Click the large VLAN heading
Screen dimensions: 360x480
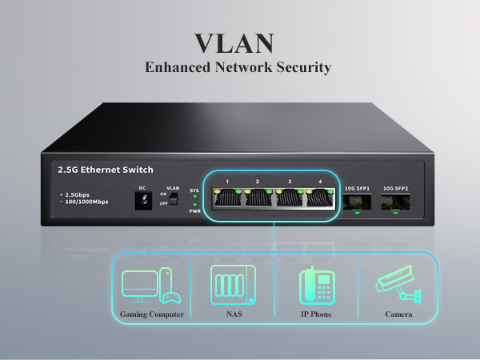click(239, 42)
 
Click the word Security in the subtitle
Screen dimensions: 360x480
click(298, 68)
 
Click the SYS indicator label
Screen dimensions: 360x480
click(194, 190)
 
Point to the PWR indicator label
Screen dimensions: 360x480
click(194, 211)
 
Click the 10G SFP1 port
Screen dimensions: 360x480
click(357, 202)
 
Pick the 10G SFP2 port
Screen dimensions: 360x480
click(395, 202)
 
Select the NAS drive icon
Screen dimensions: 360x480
click(233, 285)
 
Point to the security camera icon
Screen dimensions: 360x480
click(398, 285)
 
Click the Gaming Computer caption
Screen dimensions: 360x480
click(152, 314)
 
